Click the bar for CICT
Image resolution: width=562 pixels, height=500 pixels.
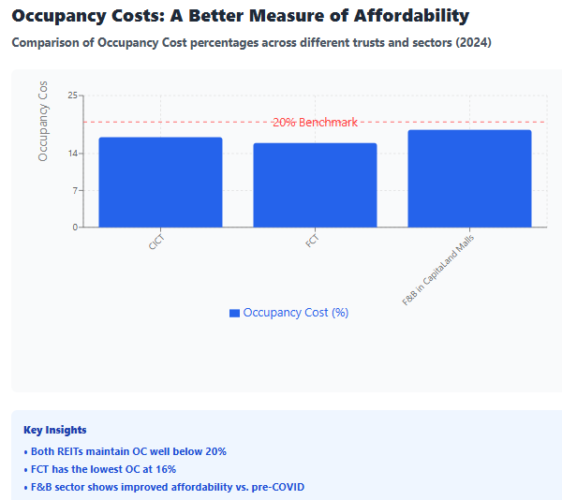coord(160,183)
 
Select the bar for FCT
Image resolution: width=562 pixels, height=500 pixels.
coord(315,185)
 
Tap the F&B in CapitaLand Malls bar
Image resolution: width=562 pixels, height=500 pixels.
coord(469,179)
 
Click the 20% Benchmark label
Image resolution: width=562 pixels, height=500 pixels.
coord(315,123)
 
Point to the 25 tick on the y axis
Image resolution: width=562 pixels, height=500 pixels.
coord(74,96)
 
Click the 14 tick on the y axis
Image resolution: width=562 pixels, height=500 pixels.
coord(74,154)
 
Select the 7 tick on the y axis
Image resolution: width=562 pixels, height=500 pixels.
coord(76,191)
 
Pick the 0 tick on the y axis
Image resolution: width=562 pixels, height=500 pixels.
coord(76,228)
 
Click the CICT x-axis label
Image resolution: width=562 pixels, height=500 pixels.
coord(155,242)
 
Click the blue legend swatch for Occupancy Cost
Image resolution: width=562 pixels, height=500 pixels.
coord(234,313)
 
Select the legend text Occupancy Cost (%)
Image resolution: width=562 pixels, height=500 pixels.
coord(296,313)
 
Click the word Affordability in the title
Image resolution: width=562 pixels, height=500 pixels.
coord(407,16)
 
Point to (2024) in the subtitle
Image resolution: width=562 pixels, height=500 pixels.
coord(474,43)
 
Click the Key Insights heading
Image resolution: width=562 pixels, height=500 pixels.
coord(54,430)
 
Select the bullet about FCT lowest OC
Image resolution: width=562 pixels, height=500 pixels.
coord(103,469)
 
